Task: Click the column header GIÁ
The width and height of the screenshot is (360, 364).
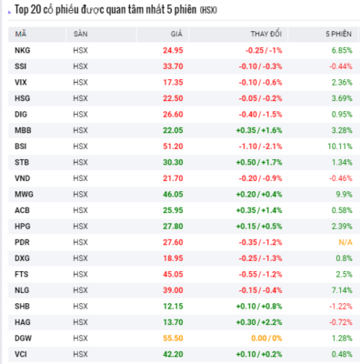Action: point(176,34)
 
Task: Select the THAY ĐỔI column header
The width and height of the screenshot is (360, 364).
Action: point(266,34)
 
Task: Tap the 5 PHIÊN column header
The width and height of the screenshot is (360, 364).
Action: point(339,34)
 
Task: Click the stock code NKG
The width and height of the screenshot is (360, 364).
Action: point(23,50)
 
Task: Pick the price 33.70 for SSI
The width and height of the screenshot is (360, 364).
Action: point(173,66)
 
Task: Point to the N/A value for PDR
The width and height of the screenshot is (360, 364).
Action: point(345,242)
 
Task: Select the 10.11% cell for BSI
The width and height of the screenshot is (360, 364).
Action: point(340,147)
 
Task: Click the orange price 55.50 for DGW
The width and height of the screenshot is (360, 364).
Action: point(173,338)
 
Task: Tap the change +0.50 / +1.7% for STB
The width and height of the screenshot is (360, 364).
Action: point(259,162)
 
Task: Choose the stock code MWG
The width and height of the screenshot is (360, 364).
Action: point(24,194)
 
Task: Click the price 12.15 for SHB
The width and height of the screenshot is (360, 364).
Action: point(173,306)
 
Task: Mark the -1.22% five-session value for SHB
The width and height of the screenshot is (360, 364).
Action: point(341,306)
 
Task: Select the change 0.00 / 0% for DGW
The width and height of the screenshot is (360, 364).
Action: point(266,338)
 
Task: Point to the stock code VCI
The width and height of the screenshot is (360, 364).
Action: point(21,354)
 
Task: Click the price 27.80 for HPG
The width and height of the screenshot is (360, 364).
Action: point(173,226)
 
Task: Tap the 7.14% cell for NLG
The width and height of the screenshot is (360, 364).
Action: point(342,290)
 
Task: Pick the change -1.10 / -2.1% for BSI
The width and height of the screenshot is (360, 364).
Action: point(260,147)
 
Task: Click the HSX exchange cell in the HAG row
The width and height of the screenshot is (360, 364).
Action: point(80,322)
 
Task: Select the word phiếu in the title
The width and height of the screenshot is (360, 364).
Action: point(67,10)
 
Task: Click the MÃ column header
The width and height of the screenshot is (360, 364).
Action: point(21,34)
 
